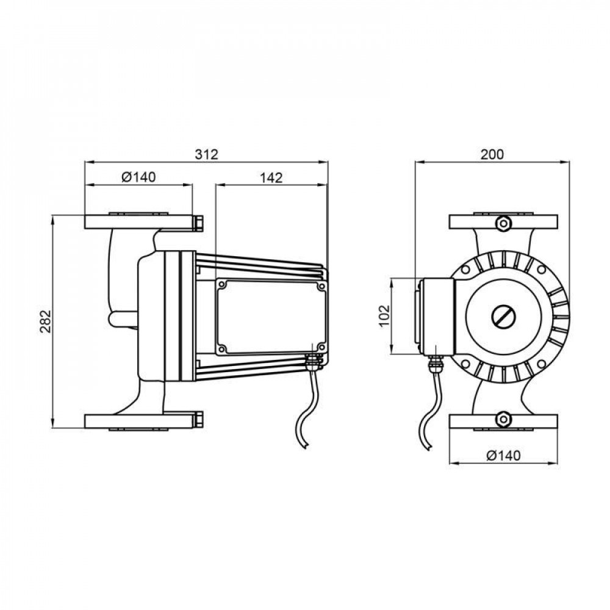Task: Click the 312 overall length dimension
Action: (206, 154)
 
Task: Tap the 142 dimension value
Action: (271, 178)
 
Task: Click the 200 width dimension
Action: (492, 154)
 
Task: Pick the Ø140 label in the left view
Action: (138, 178)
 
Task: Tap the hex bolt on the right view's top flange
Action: (503, 223)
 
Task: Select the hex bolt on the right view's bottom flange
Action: (503, 420)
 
